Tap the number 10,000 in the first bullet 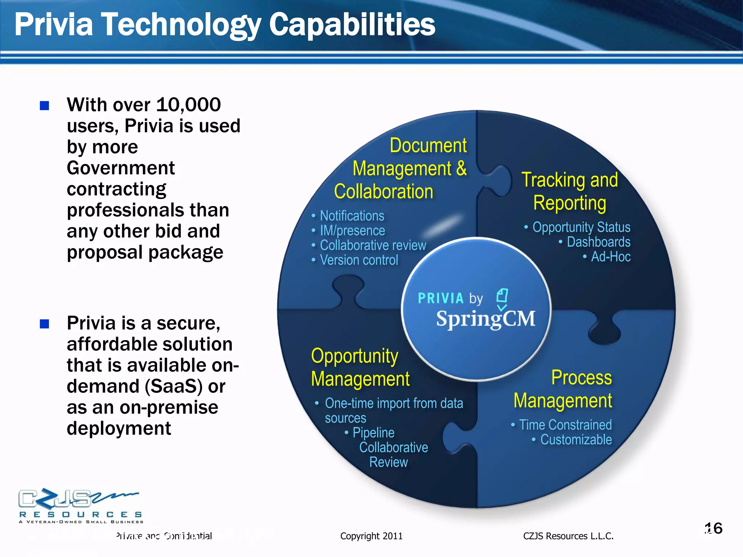pyautogui.click(x=188, y=105)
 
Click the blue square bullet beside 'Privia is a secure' pyautogui.click(x=44, y=323)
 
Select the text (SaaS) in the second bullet pyautogui.click(x=173, y=386)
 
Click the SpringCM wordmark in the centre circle pyautogui.click(x=485, y=319)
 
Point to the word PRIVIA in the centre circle pyautogui.click(x=440, y=298)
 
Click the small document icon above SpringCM pyautogui.click(x=502, y=297)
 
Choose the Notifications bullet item pyautogui.click(x=352, y=216)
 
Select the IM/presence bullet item pyautogui.click(x=352, y=231)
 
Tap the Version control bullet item pyautogui.click(x=358, y=260)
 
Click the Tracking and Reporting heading pyautogui.click(x=570, y=191)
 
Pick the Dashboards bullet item pyautogui.click(x=598, y=242)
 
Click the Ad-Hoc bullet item pyautogui.click(x=611, y=257)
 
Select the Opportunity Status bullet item pyautogui.click(x=581, y=227)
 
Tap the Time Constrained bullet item pyautogui.click(x=565, y=425)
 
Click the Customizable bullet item pyautogui.click(x=576, y=440)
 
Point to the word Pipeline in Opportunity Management pyautogui.click(x=373, y=433)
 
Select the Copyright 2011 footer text pyautogui.click(x=371, y=536)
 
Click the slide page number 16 pyautogui.click(x=713, y=528)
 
